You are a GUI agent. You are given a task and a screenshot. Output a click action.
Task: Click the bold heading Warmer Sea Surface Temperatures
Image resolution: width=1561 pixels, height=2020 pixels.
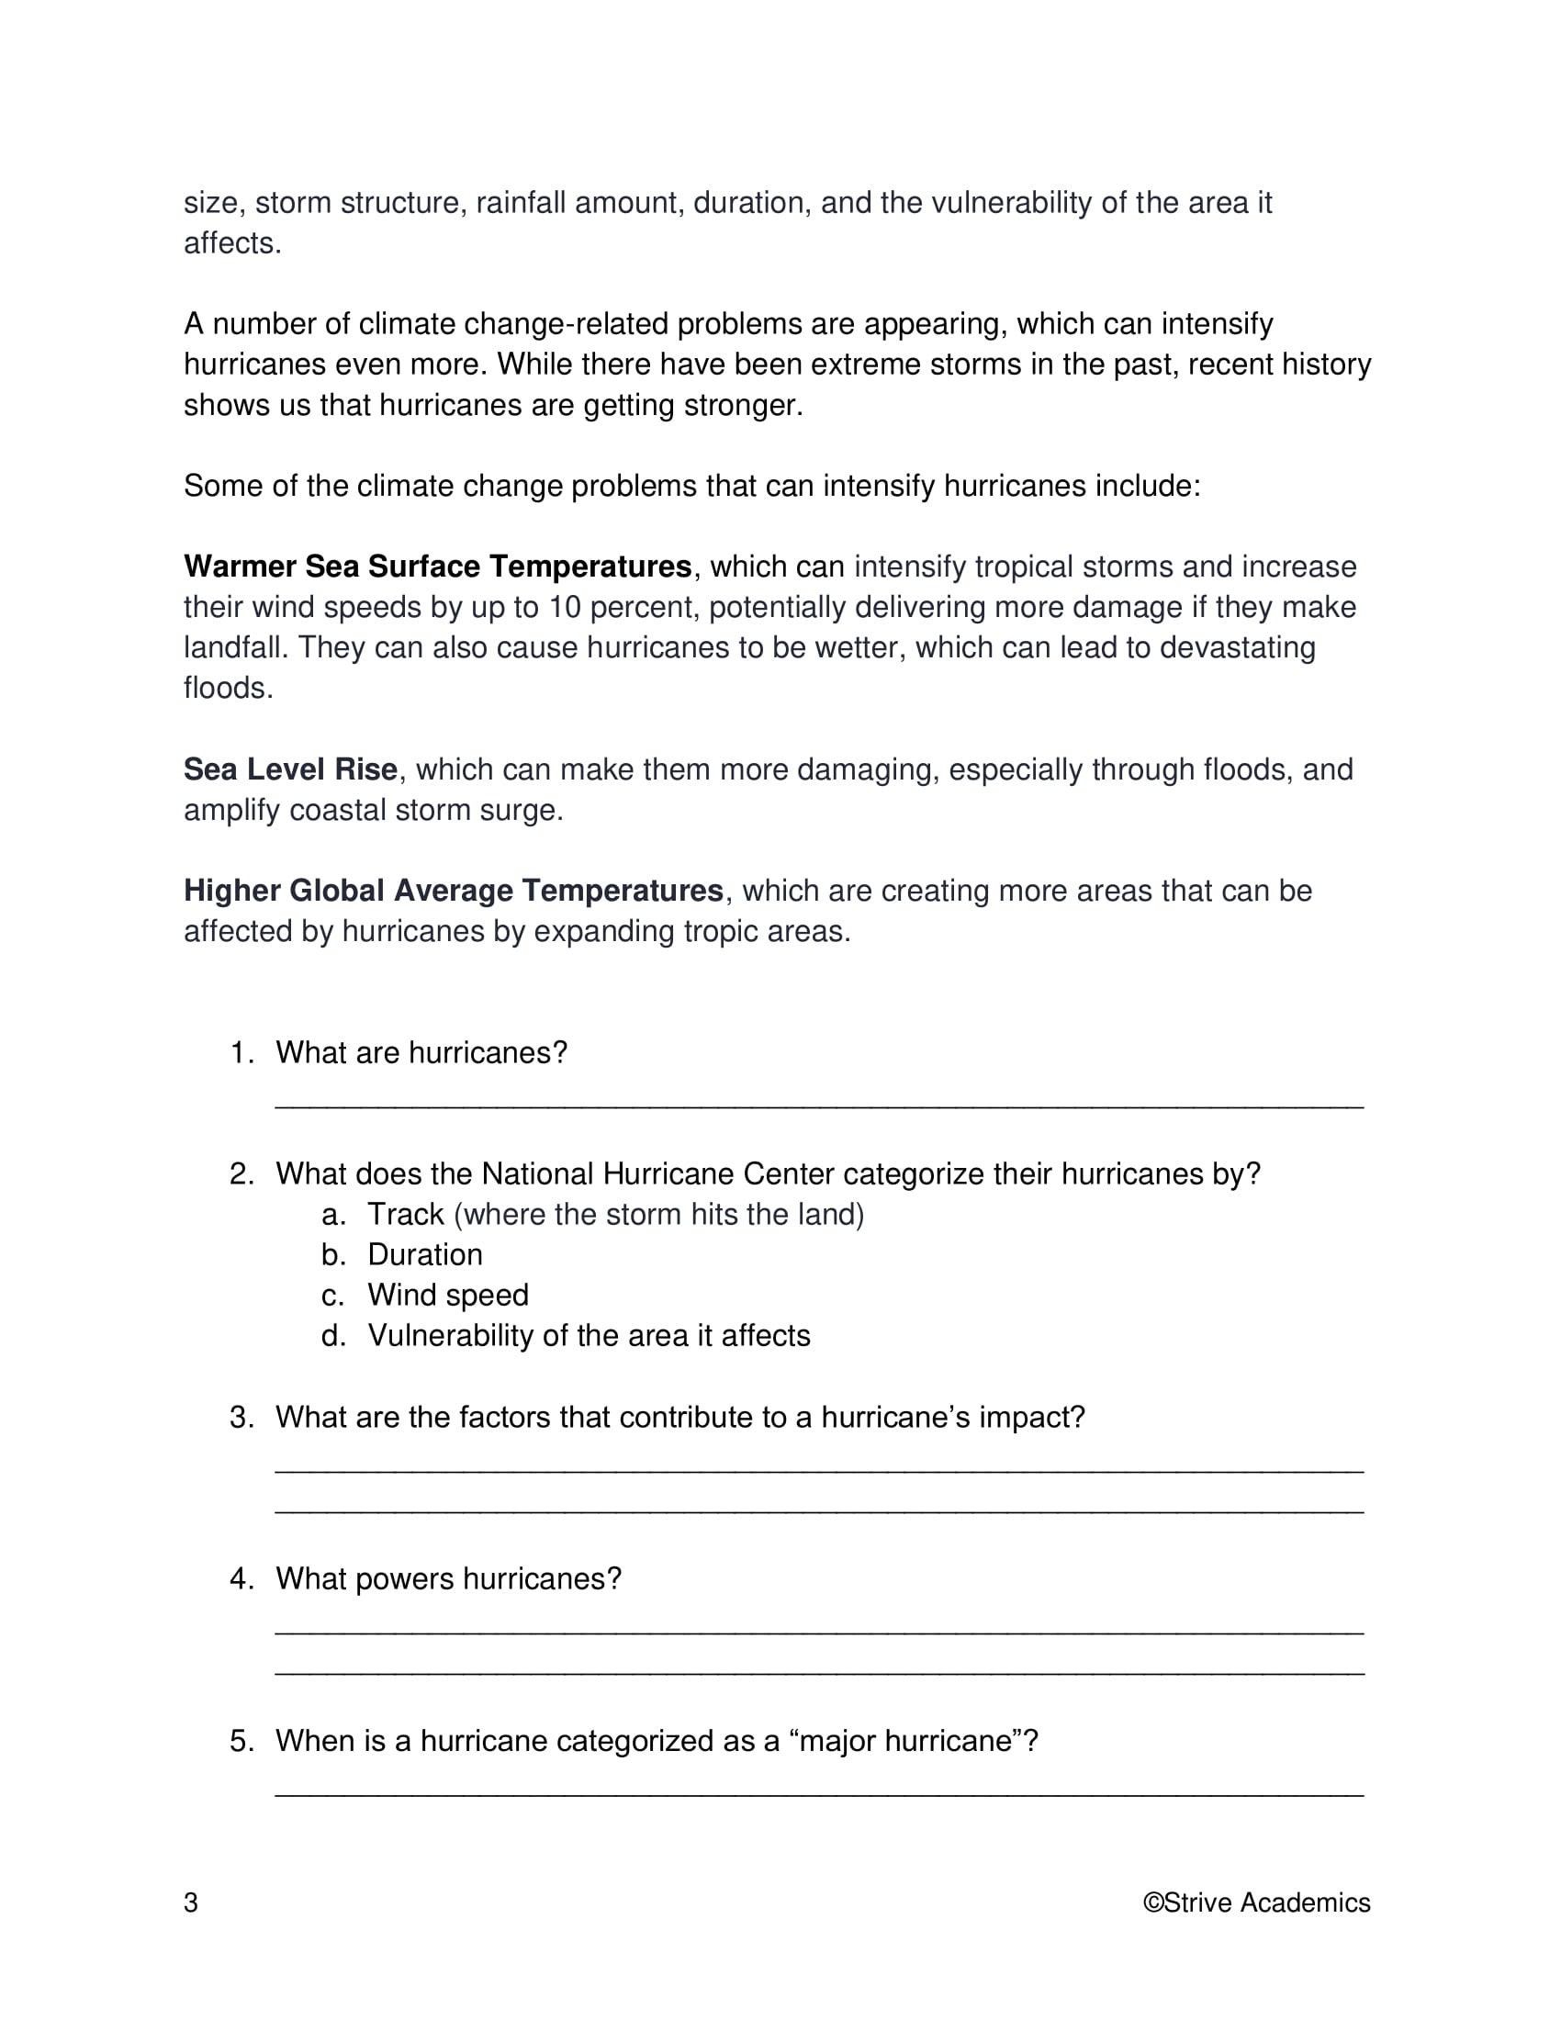point(437,566)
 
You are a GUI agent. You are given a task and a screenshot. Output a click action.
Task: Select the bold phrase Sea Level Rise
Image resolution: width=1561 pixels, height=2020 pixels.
point(290,769)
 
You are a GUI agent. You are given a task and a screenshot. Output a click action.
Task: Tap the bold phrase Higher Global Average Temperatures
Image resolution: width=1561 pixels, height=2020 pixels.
point(453,890)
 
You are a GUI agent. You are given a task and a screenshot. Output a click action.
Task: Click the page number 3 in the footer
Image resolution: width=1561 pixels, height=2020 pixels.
point(190,1902)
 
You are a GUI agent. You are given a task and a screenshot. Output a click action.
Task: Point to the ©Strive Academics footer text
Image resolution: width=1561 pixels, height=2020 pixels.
point(1256,1902)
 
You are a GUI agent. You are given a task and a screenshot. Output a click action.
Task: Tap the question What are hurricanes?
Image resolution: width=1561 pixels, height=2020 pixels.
point(421,1052)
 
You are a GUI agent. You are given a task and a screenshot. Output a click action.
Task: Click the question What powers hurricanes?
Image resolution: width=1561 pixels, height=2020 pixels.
point(448,1579)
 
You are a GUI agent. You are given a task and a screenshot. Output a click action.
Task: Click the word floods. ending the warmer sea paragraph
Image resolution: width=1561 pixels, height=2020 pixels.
point(229,688)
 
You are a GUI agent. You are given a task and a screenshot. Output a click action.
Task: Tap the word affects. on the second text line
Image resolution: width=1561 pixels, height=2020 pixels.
point(232,243)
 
